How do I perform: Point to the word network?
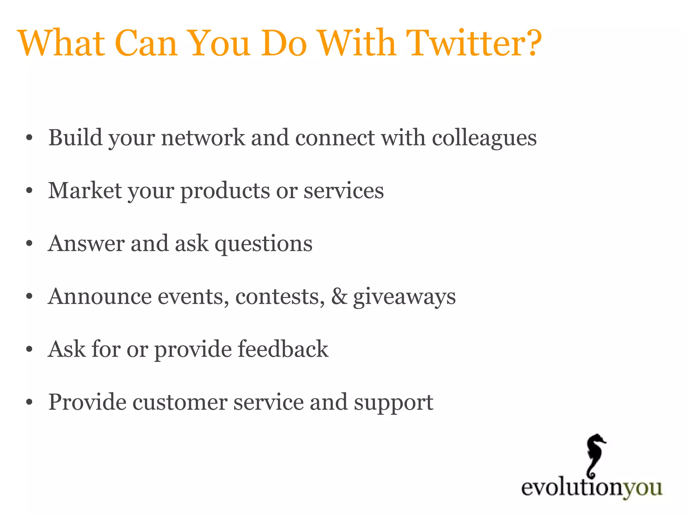(x=203, y=138)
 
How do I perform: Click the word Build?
(x=75, y=138)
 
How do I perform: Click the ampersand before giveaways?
(x=339, y=297)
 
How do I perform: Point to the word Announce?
(x=99, y=297)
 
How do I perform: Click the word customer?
(x=180, y=402)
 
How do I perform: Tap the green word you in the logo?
(x=642, y=488)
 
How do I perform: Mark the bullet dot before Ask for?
(x=30, y=350)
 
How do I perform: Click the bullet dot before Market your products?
(x=30, y=191)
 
